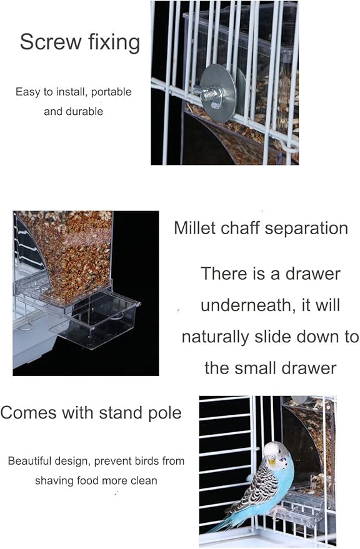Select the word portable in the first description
point(111,92)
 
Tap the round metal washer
point(218,94)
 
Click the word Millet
point(194,228)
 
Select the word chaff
point(240,228)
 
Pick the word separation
point(306,229)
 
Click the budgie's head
point(277,453)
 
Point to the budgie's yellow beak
point(271,461)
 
